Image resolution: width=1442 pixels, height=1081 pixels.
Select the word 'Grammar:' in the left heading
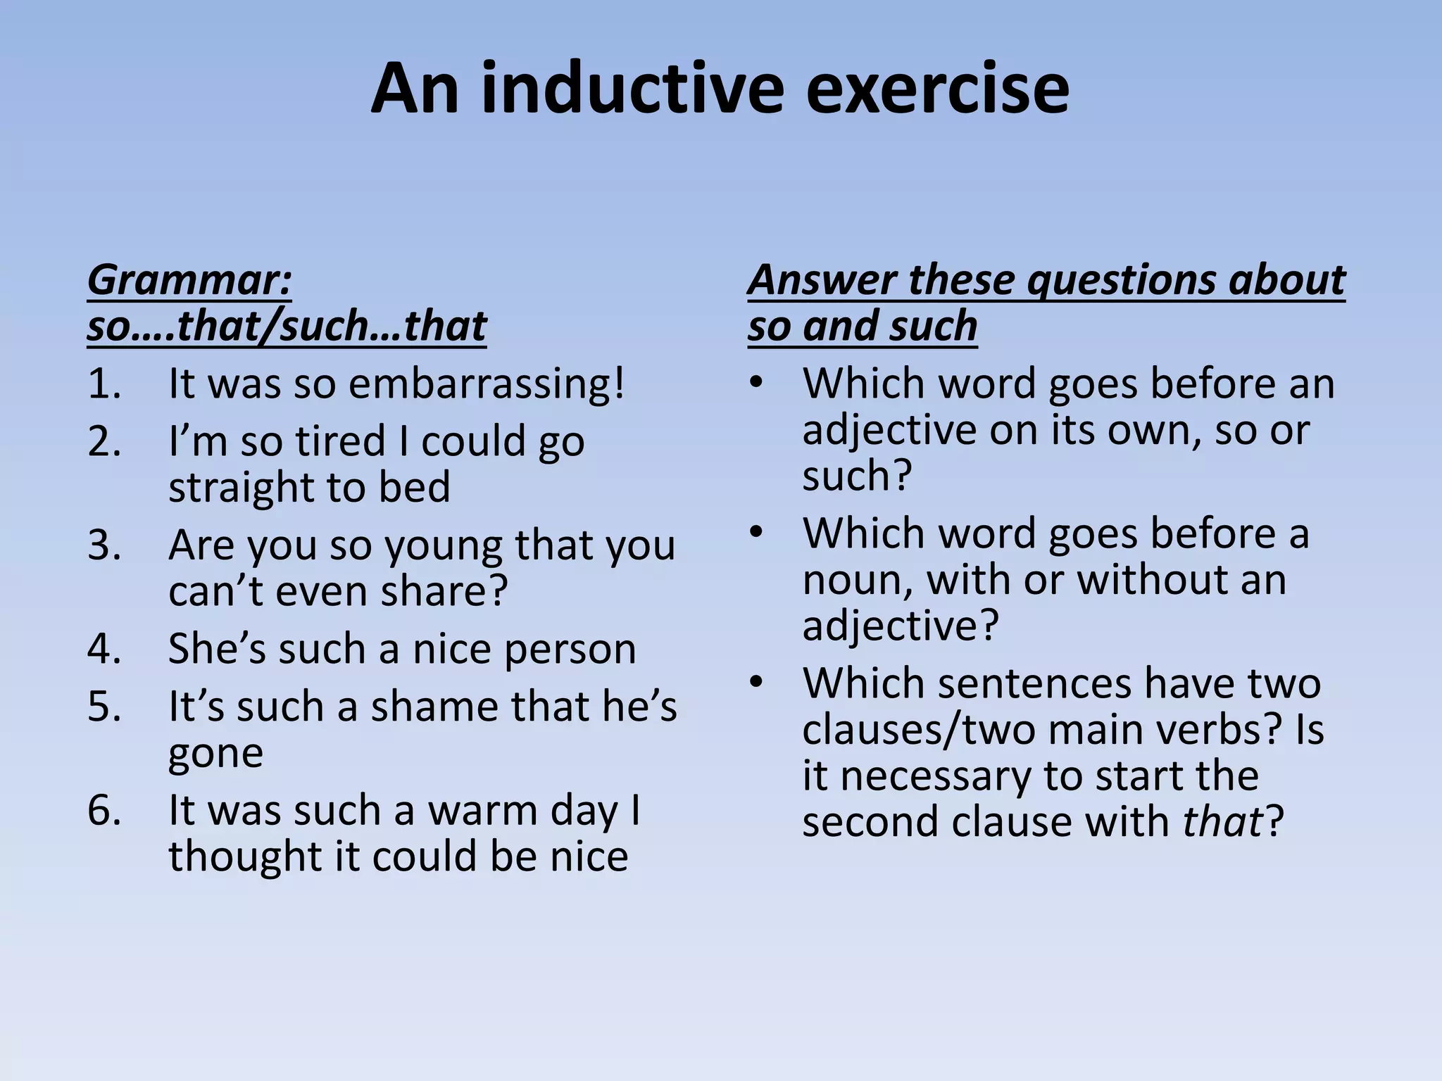coord(189,280)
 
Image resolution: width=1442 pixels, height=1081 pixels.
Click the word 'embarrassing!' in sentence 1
coord(487,385)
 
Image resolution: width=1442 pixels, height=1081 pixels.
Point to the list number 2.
coord(104,442)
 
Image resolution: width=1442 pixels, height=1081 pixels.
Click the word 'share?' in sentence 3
coord(444,592)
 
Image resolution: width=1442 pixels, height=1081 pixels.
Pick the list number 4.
coord(104,649)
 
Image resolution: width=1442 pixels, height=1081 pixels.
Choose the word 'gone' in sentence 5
coord(215,753)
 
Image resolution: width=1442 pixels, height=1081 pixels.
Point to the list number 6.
coord(104,811)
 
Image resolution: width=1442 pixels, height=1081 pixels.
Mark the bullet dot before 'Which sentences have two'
coord(756,683)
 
